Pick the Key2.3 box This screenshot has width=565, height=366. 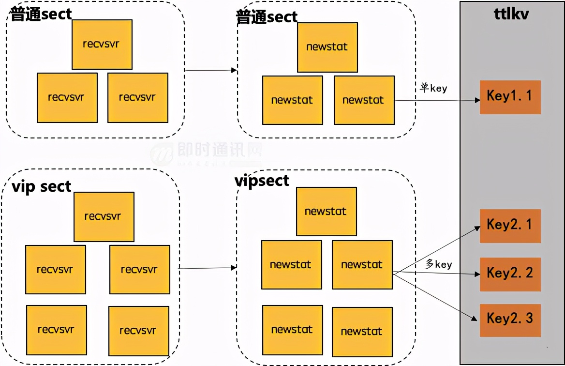point(510,320)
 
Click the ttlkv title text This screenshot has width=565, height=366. point(511,14)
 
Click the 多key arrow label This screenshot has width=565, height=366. point(438,264)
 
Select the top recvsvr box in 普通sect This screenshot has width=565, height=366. point(102,45)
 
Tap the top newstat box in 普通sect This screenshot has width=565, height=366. point(327,47)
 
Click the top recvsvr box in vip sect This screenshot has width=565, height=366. point(104,216)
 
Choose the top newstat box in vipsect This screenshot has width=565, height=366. point(326,212)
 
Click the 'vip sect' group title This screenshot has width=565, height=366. point(42,186)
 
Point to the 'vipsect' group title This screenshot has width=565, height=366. point(262,181)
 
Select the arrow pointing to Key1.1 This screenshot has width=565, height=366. point(435,101)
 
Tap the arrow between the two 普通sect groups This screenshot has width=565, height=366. point(210,70)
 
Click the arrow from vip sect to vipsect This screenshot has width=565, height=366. point(208,268)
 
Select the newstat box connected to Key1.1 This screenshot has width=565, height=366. point(364,100)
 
